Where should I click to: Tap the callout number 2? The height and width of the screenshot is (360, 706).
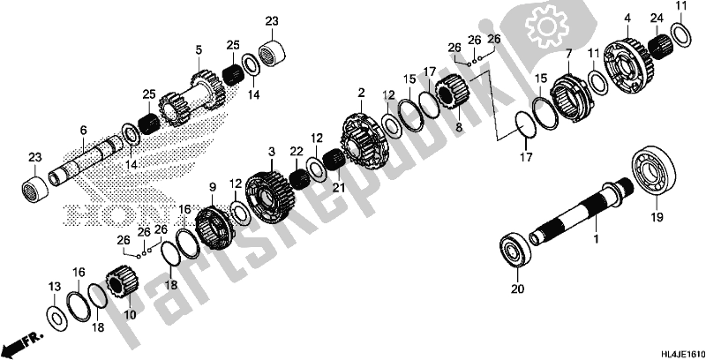click(361, 92)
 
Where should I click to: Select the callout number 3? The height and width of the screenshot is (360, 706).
click(273, 153)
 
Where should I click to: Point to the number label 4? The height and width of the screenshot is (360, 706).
click(627, 18)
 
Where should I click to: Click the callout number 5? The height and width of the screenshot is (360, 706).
click(199, 49)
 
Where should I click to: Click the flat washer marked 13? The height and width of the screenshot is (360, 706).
click(54, 316)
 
